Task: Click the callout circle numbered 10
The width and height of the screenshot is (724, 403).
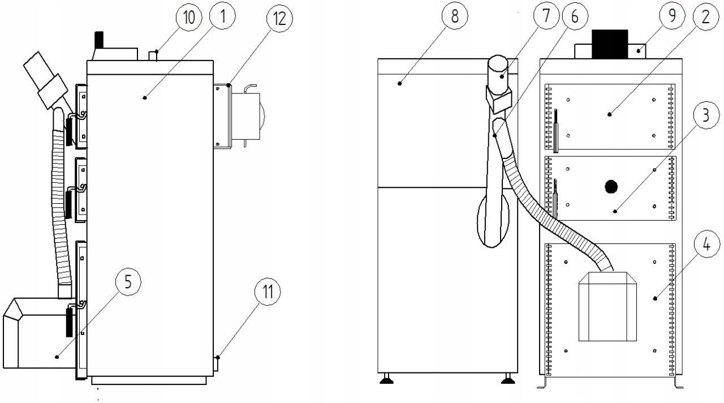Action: [x=189, y=18]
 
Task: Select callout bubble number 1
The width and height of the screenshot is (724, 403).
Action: [x=222, y=16]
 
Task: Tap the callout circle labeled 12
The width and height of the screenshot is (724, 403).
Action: [x=279, y=19]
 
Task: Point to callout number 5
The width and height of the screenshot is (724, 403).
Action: [x=128, y=282]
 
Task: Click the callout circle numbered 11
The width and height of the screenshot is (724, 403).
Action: [x=268, y=292]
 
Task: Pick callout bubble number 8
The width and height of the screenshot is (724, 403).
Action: [x=454, y=16]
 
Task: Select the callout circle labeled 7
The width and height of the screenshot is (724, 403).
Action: [x=546, y=16]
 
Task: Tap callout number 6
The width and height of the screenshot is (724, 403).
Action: [x=575, y=16]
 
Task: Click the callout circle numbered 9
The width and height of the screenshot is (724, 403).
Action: [x=672, y=16]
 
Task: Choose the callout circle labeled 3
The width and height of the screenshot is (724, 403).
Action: [x=706, y=115]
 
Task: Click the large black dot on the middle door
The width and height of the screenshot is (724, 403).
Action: [x=611, y=187]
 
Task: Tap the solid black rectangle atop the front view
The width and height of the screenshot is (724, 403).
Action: [x=610, y=44]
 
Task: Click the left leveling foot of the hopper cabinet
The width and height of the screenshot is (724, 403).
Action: [x=386, y=379]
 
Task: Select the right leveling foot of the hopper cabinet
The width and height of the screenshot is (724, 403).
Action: [x=508, y=379]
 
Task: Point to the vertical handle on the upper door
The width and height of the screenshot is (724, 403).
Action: [x=555, y=131]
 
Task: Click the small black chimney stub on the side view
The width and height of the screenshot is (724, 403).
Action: [x=98, y=40]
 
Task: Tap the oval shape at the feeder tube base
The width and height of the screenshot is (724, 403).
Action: [x=493, y=222]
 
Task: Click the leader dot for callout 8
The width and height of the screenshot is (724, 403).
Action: [x=400, y=83]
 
